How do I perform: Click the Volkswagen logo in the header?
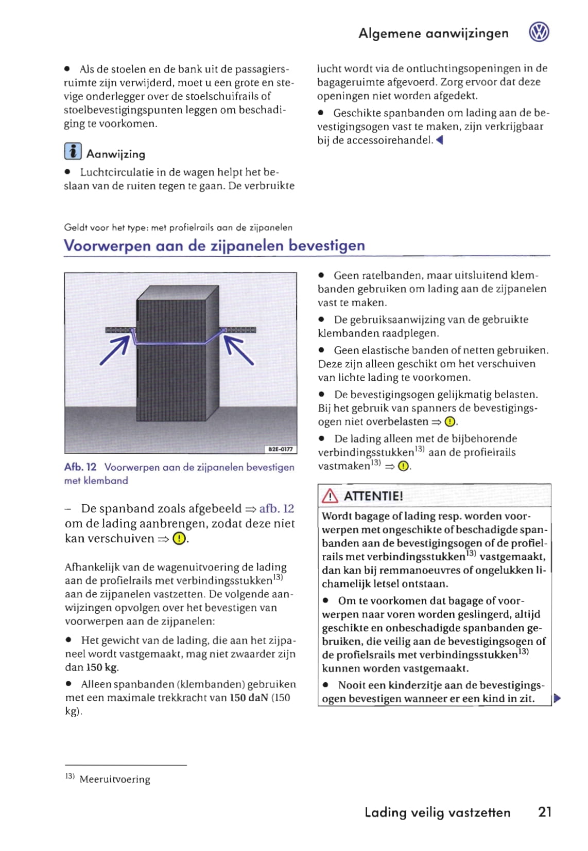point(539,32)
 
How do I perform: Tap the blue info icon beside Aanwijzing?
point(73,151)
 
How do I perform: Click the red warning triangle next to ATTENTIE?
point(330,496)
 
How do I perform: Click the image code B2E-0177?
point(281,449)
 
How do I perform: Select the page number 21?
point(545,812)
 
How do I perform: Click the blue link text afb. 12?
point(276,509)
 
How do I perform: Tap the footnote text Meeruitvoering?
point(115,779)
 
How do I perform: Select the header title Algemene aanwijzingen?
point(433,33)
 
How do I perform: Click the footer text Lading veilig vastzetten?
point(437,812)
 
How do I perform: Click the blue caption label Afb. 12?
point(80,467)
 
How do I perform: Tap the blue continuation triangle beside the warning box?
point(557,698)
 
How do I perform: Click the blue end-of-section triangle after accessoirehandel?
point(439,140)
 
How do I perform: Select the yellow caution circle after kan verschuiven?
point(179,539)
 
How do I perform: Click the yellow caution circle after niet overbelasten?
point(449,422)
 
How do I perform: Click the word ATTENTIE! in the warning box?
point(373,496)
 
